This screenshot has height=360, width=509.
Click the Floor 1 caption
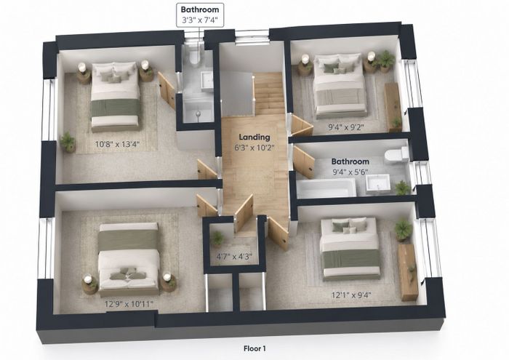254,348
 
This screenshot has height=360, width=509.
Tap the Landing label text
254,137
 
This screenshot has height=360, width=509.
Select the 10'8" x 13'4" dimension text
117,143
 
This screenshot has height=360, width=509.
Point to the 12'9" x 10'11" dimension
129,304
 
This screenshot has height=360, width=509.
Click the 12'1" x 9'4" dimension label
351,295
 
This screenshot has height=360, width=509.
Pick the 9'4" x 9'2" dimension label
345,127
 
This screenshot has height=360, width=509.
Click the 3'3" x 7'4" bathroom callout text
200,20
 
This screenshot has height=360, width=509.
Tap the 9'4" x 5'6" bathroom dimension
350,172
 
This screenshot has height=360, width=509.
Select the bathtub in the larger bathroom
326,188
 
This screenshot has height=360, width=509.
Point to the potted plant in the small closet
217,239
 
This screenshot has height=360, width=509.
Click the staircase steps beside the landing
269,93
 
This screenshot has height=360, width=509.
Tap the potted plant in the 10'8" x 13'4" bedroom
68,142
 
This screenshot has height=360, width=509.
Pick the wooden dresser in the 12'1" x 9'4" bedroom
408,272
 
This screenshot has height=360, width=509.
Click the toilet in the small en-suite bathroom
195,57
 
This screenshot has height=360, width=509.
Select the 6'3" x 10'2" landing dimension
254,148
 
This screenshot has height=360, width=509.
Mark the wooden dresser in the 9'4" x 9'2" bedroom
393,107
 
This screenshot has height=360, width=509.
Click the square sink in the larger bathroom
378,184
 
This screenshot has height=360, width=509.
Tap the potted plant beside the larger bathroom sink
402,188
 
